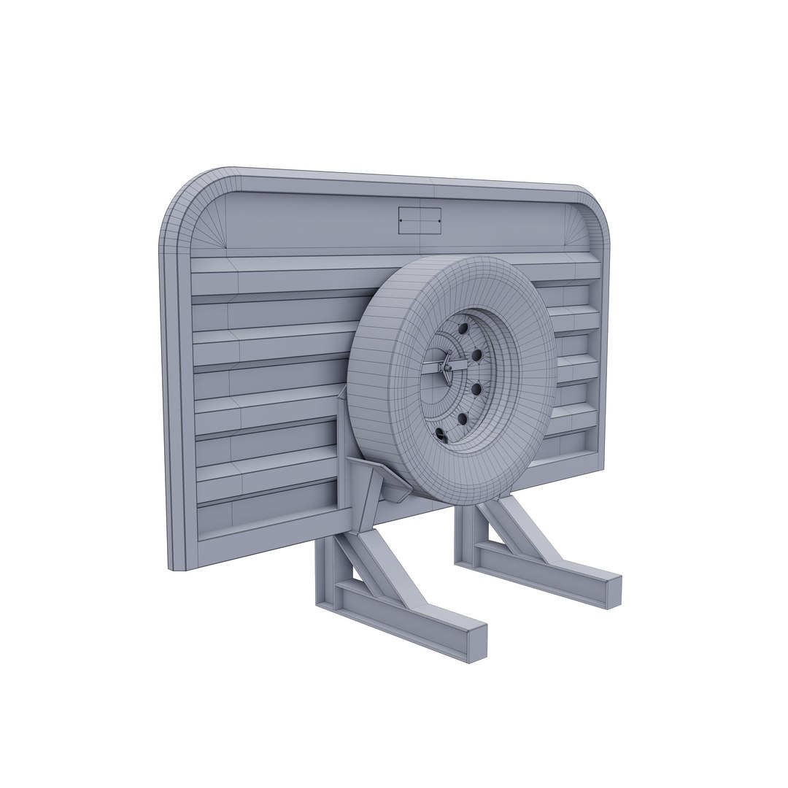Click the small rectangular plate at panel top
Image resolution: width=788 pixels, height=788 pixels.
[x=420, y=220]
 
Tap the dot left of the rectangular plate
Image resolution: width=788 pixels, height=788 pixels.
[x=401, y=220]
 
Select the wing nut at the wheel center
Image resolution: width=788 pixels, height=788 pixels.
[x=444, y=368]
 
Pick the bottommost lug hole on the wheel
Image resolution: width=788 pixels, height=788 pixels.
[x=440, y=436]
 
